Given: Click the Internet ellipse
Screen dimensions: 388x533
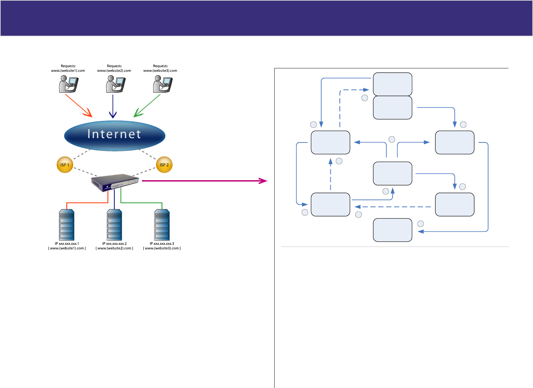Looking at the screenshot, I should coord(114,135).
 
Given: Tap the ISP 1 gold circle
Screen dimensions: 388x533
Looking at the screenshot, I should coord(65,165).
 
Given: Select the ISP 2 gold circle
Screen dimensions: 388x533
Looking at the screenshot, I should coord(164,165).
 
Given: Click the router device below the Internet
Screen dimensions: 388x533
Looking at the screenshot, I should coord(115,183).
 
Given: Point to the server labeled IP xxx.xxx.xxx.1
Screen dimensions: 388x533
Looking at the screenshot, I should coord(67,225).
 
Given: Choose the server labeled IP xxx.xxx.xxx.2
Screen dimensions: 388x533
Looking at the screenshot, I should coord(114,225).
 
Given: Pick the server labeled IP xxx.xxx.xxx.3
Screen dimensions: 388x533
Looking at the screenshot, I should coord(162,225).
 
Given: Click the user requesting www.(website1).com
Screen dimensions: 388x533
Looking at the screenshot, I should coord(68,84).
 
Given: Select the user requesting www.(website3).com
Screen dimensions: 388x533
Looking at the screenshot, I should coord(163,84).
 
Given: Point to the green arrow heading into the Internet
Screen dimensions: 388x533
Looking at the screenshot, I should coord(147,106).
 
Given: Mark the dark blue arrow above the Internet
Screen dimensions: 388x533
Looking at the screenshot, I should coord(113,106).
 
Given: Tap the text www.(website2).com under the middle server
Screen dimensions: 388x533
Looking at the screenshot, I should coord(114,248).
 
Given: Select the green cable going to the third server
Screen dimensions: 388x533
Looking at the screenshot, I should coord(141,203).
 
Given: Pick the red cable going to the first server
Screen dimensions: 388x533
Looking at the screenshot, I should coord(87,203).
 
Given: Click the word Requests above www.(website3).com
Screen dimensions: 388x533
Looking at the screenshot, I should coord(160,66).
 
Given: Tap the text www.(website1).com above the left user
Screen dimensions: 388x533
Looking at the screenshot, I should coord(68,71).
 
